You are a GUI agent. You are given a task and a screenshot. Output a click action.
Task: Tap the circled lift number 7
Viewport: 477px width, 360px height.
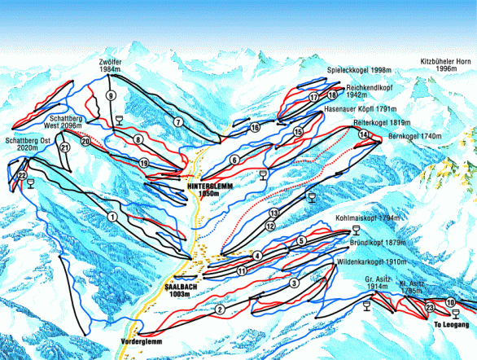[x=177, y=121]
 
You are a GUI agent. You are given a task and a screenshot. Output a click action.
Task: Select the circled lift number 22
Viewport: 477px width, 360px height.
[x=22, y=175]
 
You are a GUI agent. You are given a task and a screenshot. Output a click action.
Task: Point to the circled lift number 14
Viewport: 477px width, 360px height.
[x=363, y=134]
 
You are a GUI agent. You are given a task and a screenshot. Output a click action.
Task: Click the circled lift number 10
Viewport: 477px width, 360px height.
[x=451, y=303]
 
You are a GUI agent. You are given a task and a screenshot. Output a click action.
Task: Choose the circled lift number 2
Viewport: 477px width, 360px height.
[x=220, y=309]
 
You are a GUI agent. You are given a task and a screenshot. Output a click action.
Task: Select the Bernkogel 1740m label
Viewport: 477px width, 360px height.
[x=414, y=136]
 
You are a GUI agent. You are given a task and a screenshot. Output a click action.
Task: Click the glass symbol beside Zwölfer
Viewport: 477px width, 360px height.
[x=120, y=120]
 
